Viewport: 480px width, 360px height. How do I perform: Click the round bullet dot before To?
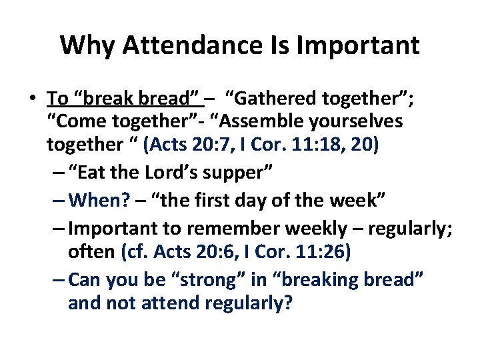click(32, 99)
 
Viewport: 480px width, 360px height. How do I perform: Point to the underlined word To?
click(57, 99)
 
